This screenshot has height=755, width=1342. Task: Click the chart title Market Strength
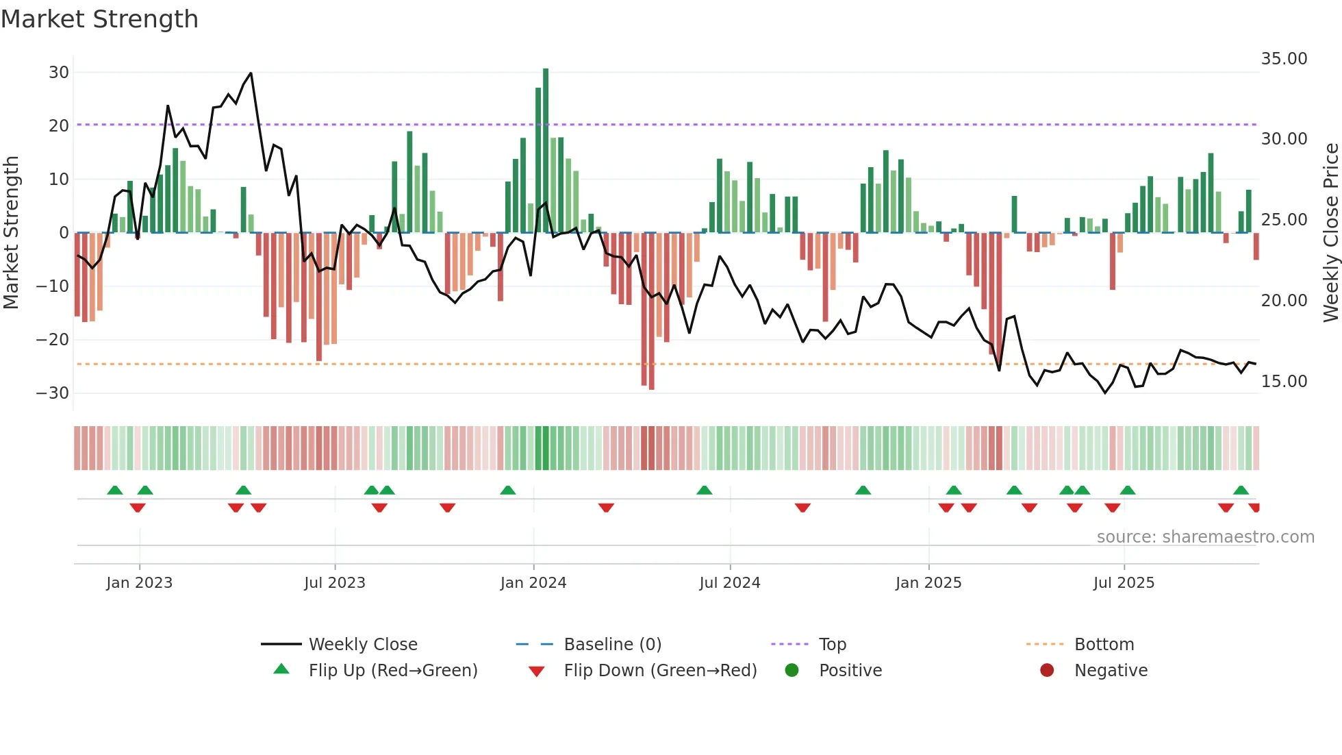pyautogui.click(x=99, y=19)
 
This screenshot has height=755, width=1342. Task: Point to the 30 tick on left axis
pyautogui.click(x=59, y=73)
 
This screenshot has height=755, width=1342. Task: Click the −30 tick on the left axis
pyautogui.click(x=53, y=393)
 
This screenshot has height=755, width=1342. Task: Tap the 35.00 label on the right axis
pyautogui.click(x=1284, y=59)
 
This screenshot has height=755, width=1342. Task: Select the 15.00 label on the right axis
pyautogui.click(x=1284, y=382)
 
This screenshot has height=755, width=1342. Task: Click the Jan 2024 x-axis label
pyautogui.click(x=533, y=583)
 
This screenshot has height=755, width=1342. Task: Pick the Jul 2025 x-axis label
pyautogui.click(x=1124, y=583)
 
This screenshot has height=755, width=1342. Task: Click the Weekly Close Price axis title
pyautogui.click(x=1330, y=233)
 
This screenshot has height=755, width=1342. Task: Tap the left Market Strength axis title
pyautogui.click(x=12, y=233)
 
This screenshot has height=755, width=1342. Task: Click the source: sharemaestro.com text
pyautogui.click(x=1205, y=537)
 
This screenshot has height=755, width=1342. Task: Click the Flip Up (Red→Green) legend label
pyautogui.click(x=393, y=671)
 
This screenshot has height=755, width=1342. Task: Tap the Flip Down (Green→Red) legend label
pyautogui.click(x=660, y=671)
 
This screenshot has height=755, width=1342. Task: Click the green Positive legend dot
pyautogui.click(x=792, y=670)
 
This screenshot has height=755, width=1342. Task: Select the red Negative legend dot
pyautogui.click(x=1047, y=670)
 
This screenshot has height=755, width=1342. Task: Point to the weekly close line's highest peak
pyautogui.click(x=251, y=73)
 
